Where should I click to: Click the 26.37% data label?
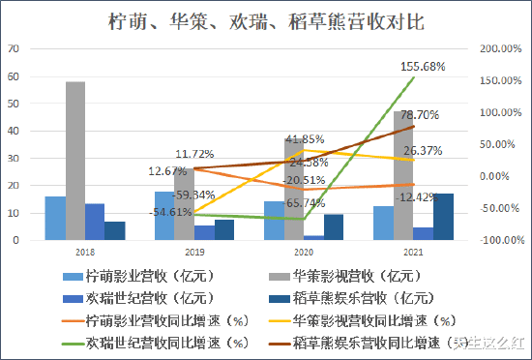423,150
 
